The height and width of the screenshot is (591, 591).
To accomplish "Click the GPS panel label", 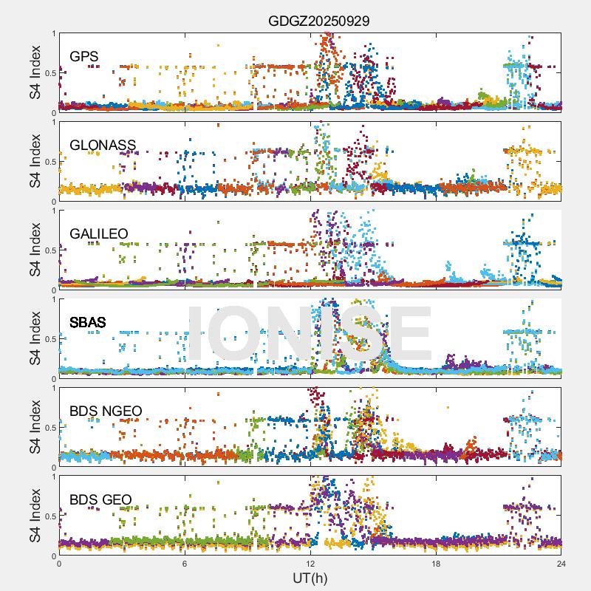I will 83,56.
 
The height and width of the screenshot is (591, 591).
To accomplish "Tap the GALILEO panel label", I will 99,233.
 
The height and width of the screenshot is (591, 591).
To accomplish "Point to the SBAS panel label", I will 88,322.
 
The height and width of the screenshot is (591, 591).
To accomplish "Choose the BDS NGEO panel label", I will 106,411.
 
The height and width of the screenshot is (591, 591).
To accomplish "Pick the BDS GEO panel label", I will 100,500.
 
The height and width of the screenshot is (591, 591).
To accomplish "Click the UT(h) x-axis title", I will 310,578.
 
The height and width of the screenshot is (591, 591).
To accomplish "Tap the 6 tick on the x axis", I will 185,563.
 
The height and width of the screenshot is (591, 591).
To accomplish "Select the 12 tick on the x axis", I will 310,563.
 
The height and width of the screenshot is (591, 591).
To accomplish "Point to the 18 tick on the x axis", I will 436,563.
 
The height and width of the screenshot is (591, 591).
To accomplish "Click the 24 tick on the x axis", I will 561,563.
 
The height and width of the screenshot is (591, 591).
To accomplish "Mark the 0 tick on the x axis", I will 59,563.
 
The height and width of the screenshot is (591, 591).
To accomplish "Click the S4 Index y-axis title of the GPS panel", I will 35,72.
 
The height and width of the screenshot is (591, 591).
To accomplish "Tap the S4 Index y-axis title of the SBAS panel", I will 35,338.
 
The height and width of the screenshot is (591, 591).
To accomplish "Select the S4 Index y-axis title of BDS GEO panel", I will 35,516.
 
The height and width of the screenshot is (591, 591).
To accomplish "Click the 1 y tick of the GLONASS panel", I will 53,122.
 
